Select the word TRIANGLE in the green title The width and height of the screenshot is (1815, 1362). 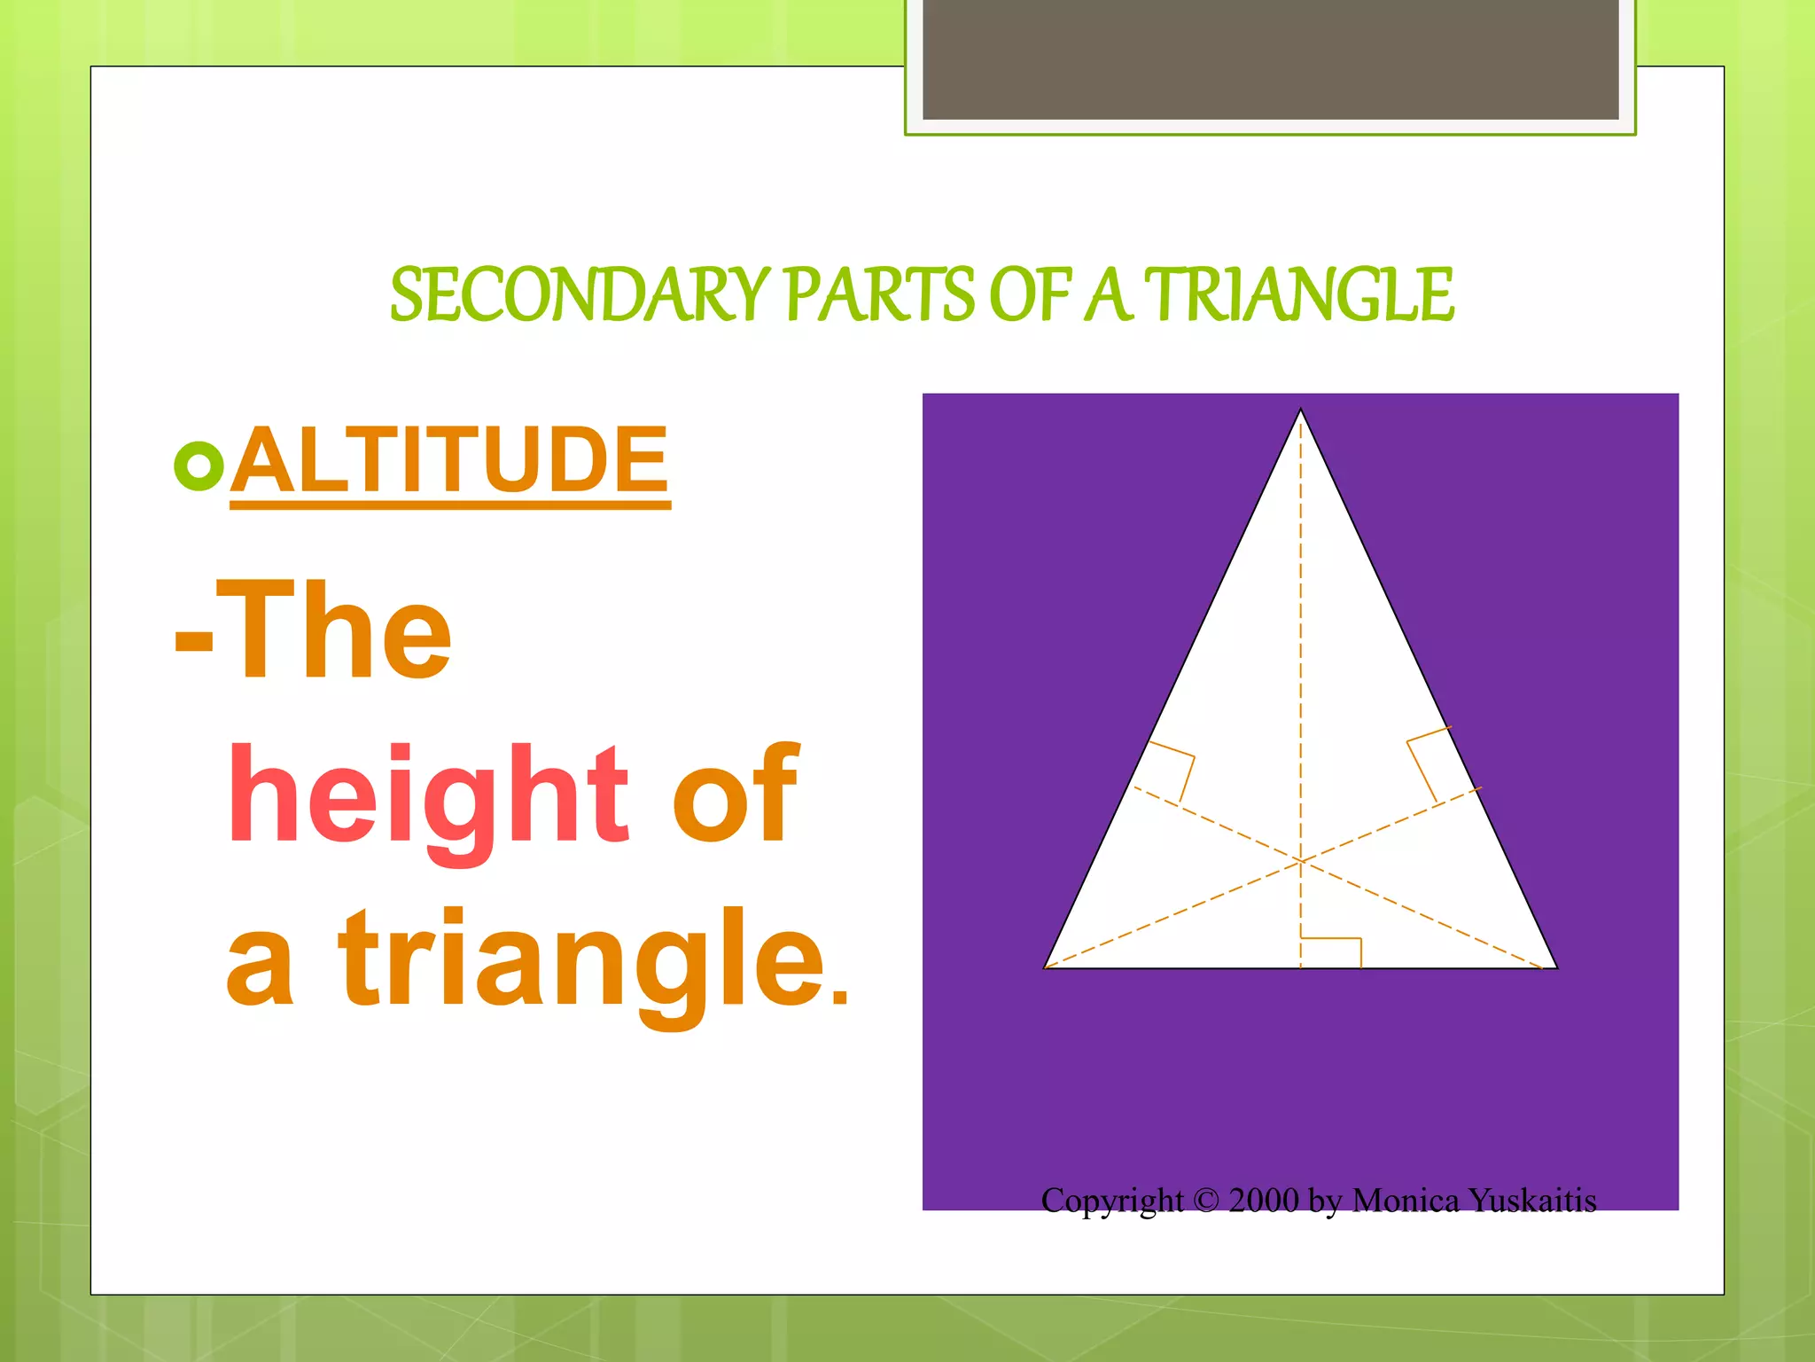(x=1298, y=295)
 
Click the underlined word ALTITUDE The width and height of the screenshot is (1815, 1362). (x=450, y=460)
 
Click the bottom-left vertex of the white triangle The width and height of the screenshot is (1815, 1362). (x=1046, y=967)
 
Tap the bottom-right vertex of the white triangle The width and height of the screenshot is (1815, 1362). (x=1556, y=967)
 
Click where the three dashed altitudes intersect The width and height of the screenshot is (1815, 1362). (x=1300, y=860)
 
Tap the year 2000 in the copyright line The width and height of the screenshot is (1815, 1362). (x=1264, y=1201)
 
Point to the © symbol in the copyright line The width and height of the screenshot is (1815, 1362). (x=1206, y=1201)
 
